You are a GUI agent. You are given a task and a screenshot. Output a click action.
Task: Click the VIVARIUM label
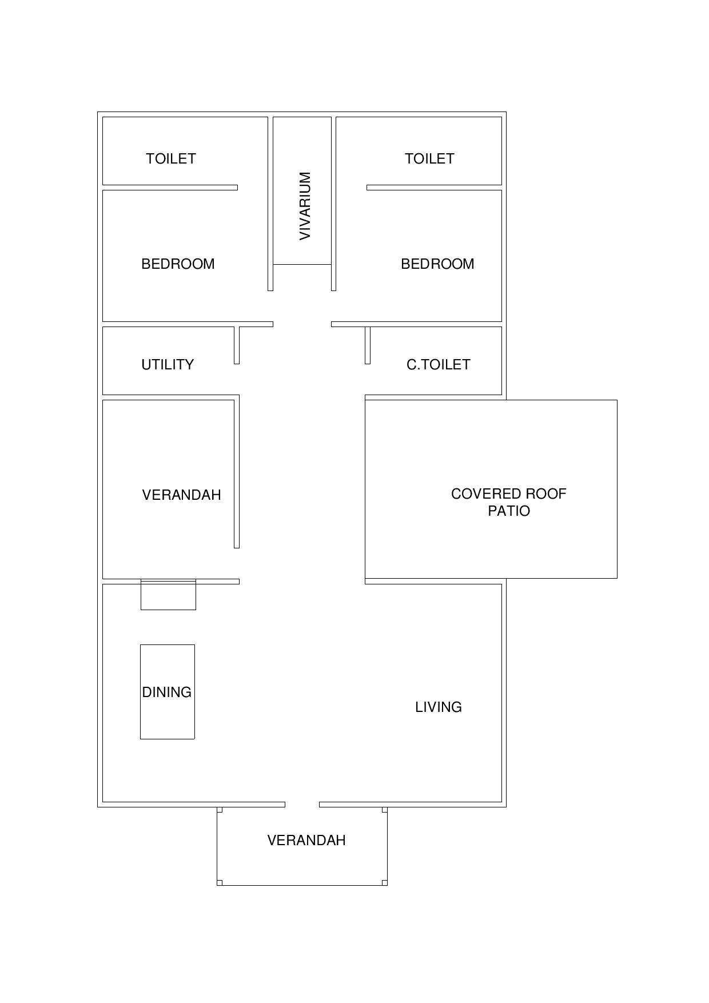pyautogui.click(x=305, y=206)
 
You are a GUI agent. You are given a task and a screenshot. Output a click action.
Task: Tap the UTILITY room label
pyautogui.click(x=168, y=364)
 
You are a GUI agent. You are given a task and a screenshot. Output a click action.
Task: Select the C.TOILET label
pyautogui.click(x=439, y=364)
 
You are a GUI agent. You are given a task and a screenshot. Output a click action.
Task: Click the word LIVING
pyautogui.click(x=439, y=707)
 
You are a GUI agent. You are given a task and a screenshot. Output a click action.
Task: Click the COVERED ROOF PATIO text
pyautogui.click(x=509, y=502)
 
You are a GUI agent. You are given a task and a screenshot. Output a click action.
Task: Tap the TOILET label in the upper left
pyautogui.click(x=171, y=158)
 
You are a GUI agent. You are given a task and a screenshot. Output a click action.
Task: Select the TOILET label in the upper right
pyautogui.click(x=429, y=158)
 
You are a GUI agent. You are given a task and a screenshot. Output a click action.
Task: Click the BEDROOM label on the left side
pyautogui.click(x=178, y=264)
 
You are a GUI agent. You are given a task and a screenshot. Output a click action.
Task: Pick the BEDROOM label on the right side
pyautogui.click(x=437, y=264)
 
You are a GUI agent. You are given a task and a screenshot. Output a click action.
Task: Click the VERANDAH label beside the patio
pyautogui.click(x=181, y=495)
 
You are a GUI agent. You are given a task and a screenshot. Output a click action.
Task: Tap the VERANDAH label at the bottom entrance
pyautogui.click(x=306, y=840)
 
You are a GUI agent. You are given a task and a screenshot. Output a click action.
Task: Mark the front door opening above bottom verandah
pyautogui.click(x=302, y=805)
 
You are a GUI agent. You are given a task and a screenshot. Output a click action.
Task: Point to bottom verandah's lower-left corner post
pyautogui.click(x=220, y=883)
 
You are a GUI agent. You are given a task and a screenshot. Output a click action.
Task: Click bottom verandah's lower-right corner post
pyautogui.click(x=385, y=883)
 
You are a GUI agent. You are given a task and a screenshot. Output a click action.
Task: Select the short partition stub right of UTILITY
pyautogui.click(x=237, y=345)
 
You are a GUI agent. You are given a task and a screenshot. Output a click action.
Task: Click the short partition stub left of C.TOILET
pyautogui.click(x=368, y=345)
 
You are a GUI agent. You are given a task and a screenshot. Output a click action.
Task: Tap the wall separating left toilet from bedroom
pyautogui.click(x=170, y=188)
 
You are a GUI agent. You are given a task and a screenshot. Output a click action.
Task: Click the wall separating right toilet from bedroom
pyautogui.click(x=434, y=188)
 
